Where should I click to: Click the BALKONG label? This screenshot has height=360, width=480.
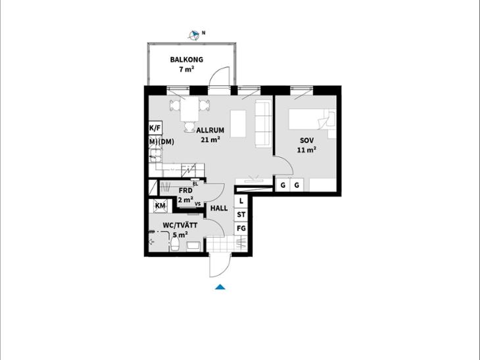(x=187, y=60)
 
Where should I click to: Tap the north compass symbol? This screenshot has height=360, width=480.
(x=193, y=35)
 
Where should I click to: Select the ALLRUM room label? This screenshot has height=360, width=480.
(x=210, y=130)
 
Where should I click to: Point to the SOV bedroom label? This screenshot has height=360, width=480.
(x=306, y=141)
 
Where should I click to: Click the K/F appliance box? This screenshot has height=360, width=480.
(x=155, y=128)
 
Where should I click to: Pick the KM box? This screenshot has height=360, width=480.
(x=160, y=206)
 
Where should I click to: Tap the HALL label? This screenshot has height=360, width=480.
(x=219, y=208)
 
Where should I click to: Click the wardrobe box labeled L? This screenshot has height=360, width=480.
(x=241, y=201)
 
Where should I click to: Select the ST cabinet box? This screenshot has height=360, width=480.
(x=241, y=215)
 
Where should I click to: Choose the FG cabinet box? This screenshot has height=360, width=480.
(x=241, y=229)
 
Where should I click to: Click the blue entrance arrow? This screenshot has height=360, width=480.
(x=220, y=287)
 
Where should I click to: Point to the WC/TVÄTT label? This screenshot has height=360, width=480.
(x=180, y=225)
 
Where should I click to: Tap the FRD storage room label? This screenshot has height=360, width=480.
(x=185, y=191)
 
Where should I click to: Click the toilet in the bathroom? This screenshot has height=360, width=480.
(x=175, y=244)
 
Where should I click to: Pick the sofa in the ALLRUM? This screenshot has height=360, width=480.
(x=263, y=124)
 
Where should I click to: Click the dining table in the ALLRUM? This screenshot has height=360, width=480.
(x=190, y=109)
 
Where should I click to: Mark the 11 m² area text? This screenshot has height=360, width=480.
(x=306, y=150)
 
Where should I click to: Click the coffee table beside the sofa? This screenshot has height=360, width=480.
(x=238, y=124)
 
